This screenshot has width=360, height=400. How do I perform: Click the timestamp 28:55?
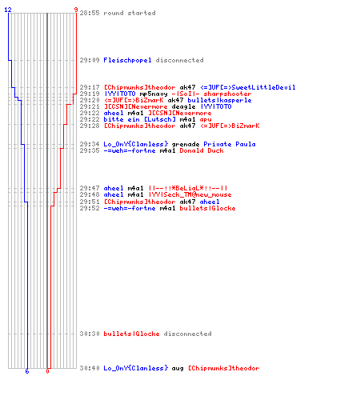point(90,13)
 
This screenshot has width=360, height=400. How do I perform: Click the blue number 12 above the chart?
point(8,10)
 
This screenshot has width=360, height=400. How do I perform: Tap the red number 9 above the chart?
point(76,10)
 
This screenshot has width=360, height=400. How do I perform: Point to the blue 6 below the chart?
point(27,371)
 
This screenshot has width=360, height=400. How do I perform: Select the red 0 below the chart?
point(47,371)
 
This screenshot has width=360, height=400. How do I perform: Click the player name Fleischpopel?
point(127,60)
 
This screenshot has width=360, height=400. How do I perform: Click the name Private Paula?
point(230,144)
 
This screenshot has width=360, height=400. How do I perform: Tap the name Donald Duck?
point(202,150)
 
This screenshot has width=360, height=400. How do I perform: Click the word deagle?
point(183,106)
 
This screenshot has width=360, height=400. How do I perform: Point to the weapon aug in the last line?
point(178,368)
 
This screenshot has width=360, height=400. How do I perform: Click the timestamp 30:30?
point(90,334)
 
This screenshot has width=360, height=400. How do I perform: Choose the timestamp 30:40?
point(90,368)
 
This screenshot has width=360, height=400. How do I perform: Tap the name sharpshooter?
point(227,94)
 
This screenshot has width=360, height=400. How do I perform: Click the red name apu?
point(206,119)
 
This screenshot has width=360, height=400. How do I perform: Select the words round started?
point(130,13)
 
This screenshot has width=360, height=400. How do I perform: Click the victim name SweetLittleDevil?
point(263,87)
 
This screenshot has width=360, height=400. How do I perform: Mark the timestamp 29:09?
point(90,60)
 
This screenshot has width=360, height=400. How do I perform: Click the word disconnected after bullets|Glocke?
point(187,334)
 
